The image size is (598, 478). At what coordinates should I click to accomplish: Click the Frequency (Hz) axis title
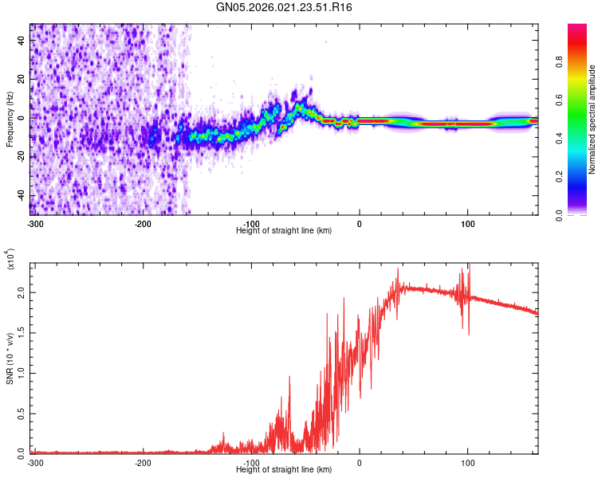pyautogui.click(x=10, y=119)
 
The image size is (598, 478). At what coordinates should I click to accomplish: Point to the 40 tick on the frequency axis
pyautogui.click(x=21, y=41)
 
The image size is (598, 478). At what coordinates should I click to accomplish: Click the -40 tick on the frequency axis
pyautogui.click(x=19, y=196)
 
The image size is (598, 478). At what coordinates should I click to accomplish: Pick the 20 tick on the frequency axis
pyautogui.click(x=21, y=80)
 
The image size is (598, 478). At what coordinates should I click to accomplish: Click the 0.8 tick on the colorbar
pyautogui.click(x=560, y=61)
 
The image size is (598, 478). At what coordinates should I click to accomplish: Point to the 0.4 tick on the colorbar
pyautogui.click(x=560, y=139)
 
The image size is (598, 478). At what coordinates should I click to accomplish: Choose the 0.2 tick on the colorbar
pyautogui.click(x=560, y=177)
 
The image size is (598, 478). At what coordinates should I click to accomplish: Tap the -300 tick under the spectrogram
pyautogui.click(x=35, y=222)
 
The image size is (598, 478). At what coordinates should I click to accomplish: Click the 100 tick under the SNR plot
pyautogui.click(x=467, y=463)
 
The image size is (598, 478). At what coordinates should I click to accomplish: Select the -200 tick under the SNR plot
pyautogui.click(x=144, y=463)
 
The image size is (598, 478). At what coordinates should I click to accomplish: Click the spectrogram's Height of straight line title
pyautogui.click(x=284, y=230)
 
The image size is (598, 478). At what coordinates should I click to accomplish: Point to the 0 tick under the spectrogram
pyautogui.click(x=359, y=222)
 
